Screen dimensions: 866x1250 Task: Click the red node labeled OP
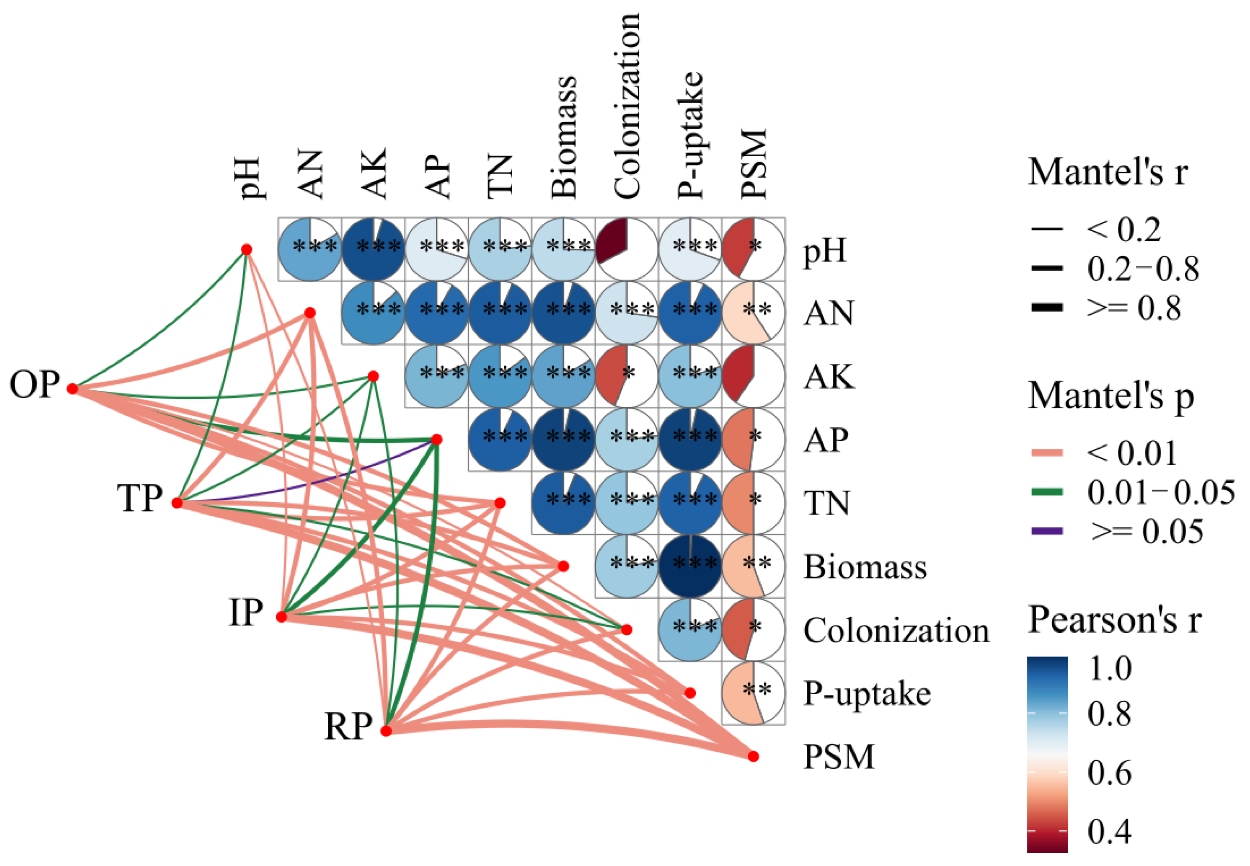[72, 389]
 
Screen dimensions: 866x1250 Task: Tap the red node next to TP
[177, 503]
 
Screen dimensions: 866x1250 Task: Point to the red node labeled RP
[386, 731]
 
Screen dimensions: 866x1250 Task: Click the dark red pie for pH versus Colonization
[627, 250]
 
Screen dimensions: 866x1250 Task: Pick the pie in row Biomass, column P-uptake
[690, 566]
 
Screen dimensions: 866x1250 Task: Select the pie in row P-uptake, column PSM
[753, 693]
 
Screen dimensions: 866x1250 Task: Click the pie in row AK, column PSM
[753, 376]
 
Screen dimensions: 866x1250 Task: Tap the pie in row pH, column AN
[310, 250]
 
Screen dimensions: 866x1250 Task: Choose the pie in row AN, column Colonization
[627, 312]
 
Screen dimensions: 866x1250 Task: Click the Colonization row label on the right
[896, 631]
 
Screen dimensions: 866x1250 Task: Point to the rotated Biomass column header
[564, 137]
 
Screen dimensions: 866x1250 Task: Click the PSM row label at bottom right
[838, 757]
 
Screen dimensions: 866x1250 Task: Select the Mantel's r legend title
[1107, 172]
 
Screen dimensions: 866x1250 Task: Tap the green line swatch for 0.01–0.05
[1047, 492]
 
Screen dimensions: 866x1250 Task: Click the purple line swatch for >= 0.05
[1047, 531]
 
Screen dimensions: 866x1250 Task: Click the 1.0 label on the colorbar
[1109, 669]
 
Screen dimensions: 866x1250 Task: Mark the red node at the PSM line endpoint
[753, 757]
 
